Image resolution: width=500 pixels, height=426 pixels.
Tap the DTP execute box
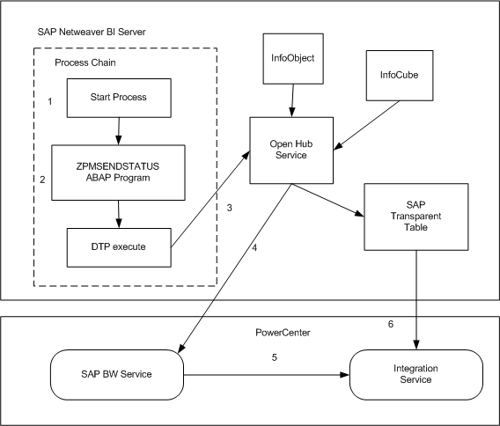[118, 247]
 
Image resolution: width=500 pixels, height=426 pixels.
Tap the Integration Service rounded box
[416, 374]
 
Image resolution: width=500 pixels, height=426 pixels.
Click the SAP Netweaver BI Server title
[92, 32]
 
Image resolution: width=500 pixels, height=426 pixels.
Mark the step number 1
[50, 102]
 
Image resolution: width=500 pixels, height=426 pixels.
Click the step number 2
[41, 180]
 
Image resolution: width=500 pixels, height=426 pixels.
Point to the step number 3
[230, 209]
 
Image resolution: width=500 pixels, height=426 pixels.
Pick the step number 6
[391, 324]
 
